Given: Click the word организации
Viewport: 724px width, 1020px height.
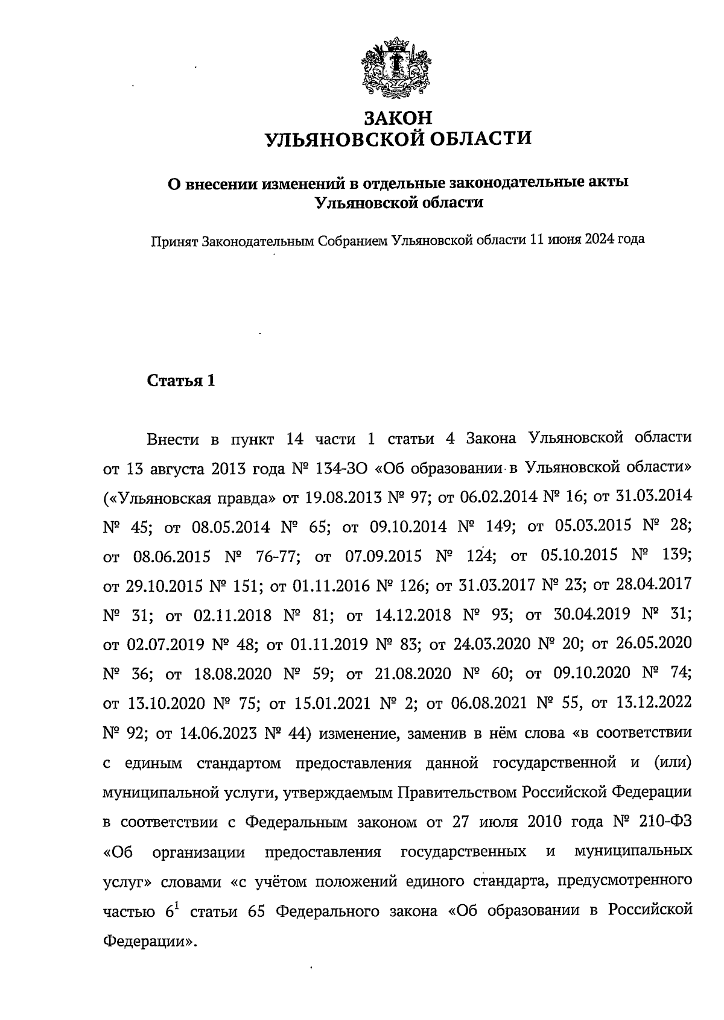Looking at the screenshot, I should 199,852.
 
